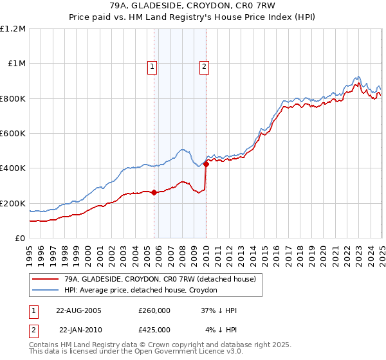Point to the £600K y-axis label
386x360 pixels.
pyautogui.click(x=13, y=133)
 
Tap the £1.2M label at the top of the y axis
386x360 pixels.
pyautogui.click(x=13, y=28)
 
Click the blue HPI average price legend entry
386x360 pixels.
pyautogui.click(x=141, y=291)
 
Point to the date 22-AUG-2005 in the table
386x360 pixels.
pyautogui.click(x=79, y=310)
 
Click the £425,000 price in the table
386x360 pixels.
pyautogui.click(x=154, y=330)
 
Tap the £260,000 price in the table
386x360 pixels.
pyautogui.click(x=154, y=310)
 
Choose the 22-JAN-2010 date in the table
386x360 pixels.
pyautogui.click(x=79, y=330)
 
